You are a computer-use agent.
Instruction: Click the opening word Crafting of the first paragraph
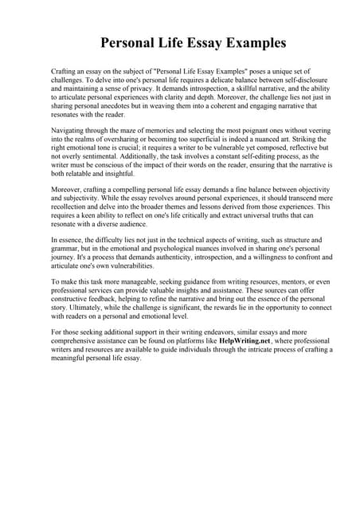(x=65, y=72)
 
